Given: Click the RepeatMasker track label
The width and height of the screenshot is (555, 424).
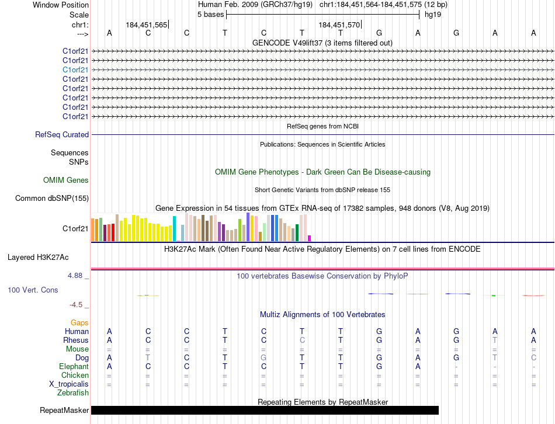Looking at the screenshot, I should point(64,411).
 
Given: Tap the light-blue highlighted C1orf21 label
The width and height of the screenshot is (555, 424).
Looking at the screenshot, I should point(75,69).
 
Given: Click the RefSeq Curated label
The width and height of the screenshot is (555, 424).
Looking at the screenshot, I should point(62,135).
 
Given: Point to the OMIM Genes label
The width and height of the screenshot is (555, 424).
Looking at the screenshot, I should point(66,180).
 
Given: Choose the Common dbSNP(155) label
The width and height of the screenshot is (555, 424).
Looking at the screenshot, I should point(52,199).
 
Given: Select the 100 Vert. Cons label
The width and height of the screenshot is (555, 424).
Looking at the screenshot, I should point(33,290).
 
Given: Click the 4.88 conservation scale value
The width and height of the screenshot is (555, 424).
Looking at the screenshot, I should point(78,276).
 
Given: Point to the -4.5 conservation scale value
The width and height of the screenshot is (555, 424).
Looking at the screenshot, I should point(78,305).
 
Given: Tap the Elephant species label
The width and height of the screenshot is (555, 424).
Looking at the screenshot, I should point(74,367).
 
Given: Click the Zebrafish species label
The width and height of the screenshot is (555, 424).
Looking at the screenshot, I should point(73,393).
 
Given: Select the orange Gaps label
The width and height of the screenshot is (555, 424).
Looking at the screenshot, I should point(79,322).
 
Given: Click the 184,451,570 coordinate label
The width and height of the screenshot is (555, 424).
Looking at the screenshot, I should point(339,25).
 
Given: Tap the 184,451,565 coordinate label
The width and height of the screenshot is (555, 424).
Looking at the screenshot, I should point(146,25).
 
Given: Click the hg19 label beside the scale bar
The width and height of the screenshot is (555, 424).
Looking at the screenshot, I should point(432,15).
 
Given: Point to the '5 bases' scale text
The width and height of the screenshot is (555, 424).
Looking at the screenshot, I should point(210,15).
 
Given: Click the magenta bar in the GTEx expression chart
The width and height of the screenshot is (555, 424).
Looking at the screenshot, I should point(309,238).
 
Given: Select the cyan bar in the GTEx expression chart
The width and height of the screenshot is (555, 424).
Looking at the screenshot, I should point(174,228).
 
